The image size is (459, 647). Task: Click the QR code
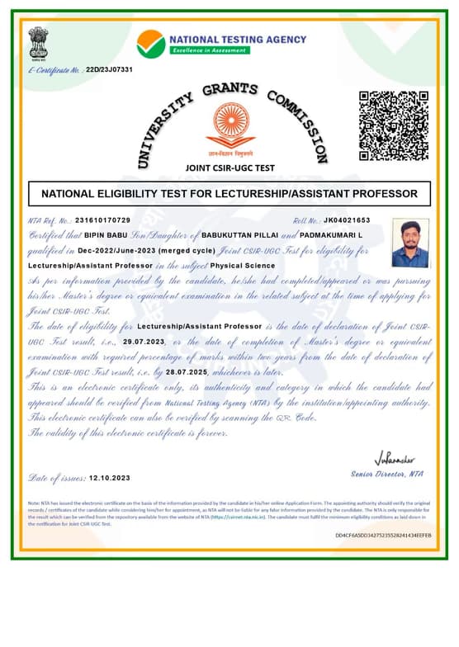point(394,125)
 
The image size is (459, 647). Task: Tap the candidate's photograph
point(410,243)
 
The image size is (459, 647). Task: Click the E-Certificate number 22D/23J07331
point(109,70)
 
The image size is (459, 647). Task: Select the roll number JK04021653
point(347,220)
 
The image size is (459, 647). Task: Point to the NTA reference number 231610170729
point(102,220)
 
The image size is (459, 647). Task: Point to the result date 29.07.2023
point(144,341)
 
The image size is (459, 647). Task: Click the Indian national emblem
point(39,42)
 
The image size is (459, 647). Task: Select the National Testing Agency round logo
point(150,43)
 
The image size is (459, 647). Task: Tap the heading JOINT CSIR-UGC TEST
point(230,168)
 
